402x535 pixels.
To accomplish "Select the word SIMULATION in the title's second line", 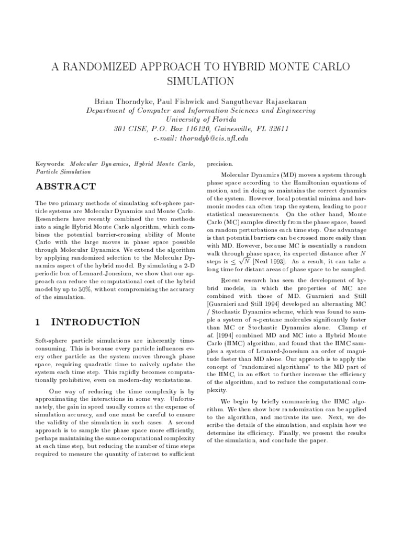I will click(x=201, y=82).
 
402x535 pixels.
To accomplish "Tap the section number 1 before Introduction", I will click(x=38, y=322).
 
